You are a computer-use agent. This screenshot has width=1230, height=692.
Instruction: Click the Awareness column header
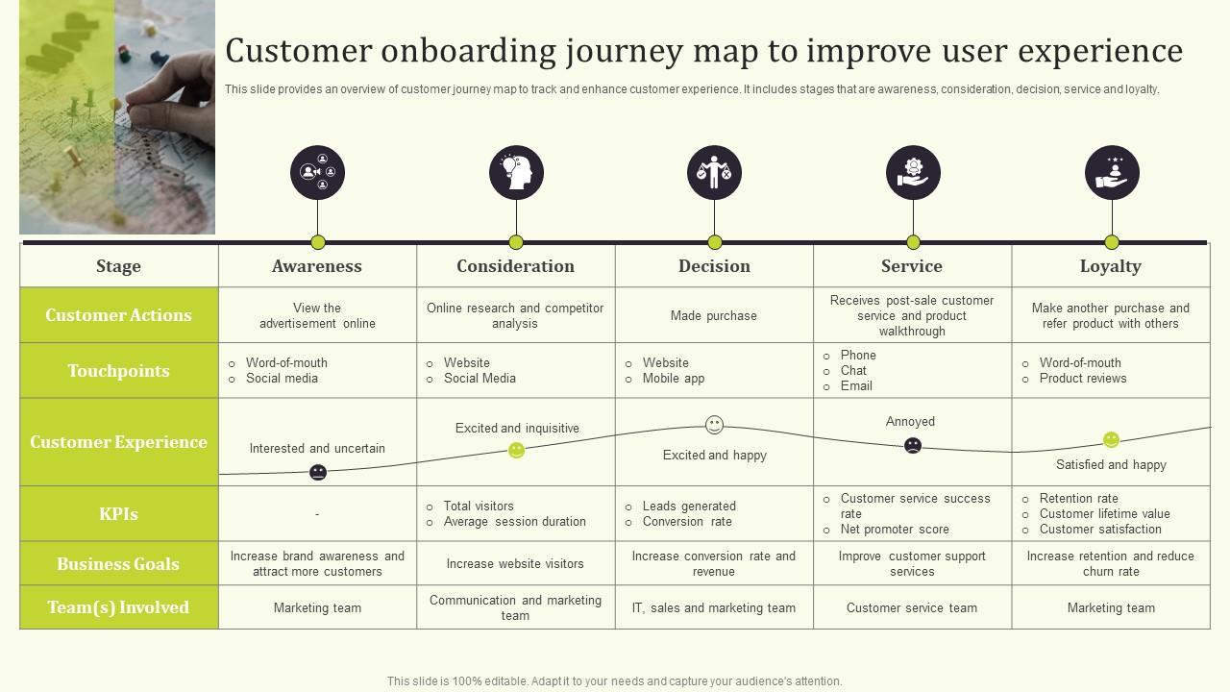pyautogui.click(x=317, y=266)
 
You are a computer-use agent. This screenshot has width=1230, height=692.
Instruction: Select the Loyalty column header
pyautogui.click(x=1110, y=266)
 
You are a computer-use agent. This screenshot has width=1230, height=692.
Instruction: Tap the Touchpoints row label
pyautogui.click(x=118, y=371)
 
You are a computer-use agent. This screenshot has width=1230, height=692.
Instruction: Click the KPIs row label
pyautogui.click(x=118, y=514)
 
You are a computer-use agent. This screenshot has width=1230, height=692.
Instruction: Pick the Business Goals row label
pyautogui.click(x=118, y=564)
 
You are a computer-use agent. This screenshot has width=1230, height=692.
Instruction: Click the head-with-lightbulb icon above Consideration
pyautogui.click(x=516, y=173)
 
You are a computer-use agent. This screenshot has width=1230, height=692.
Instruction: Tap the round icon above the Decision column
pyautogui.click(x=714, y=173)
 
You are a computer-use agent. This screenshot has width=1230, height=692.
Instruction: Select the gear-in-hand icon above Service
pyautogui.click(x=913, y=173)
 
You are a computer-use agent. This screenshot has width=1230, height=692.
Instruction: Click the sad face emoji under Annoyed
pyautogui.click(x=913, y=445)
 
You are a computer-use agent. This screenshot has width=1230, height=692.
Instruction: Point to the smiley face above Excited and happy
pyautogui.click(x=714, y=425)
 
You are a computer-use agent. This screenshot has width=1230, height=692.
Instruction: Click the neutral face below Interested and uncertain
pyautogui.click(x=318, y=472)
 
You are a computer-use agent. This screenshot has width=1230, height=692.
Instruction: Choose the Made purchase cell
pyautogui.click(x=713, y=316)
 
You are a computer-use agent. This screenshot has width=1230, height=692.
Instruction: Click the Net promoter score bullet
pyautogui.click(x=894, y=530)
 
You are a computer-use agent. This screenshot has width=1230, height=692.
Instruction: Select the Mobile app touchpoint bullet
pyautogui.click(x=673, y=379)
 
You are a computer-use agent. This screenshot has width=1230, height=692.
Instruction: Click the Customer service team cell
pyautogui.click(x=912, y=608)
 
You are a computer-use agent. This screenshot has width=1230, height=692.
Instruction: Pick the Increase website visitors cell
pyautogui.click(x=515, y=564)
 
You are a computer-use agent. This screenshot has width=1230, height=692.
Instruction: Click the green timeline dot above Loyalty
pyautogui.click(x=1112, y=242)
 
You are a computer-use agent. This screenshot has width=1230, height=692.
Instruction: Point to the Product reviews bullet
pyautogui.click(x=1082, y=379)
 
